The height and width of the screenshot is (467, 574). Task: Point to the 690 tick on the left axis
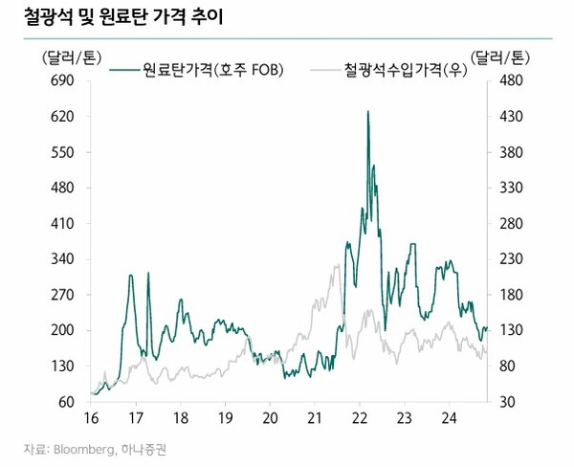60,81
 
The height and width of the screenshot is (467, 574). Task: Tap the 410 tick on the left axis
60,224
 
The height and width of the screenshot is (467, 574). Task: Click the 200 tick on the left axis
60,330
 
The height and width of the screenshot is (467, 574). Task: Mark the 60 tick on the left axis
63,402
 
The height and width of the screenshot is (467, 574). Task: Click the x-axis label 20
269,417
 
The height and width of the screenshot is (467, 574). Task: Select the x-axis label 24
449,417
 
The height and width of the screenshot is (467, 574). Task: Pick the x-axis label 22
359,417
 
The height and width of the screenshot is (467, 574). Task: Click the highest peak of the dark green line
368,112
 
